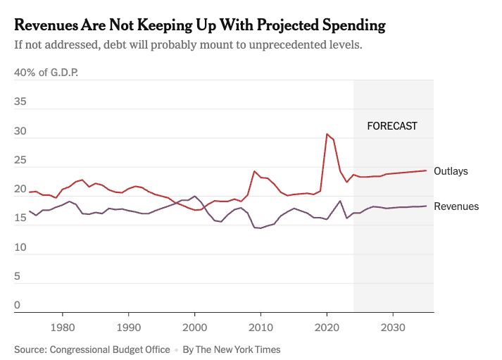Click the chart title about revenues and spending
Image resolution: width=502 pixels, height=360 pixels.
coord(200,25)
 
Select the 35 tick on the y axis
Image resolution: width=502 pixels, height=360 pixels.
coord(20,102)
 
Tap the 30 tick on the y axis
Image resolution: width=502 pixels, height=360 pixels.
coord(20,131)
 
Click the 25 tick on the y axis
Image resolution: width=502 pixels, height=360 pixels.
coord(20,161)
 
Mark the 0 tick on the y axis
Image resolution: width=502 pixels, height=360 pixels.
coord(18,306)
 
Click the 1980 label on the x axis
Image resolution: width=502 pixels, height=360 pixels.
coord(62,328)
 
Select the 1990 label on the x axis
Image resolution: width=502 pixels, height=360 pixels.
coord(128,328)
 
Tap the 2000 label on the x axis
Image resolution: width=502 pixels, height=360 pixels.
coord(194,328)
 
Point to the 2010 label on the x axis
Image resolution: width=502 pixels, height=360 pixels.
coord(261,328)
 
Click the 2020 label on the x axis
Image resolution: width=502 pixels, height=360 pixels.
coord(327,328)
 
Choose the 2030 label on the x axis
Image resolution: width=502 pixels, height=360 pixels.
coord(393,328)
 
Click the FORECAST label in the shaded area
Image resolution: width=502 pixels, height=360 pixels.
coord(392,127)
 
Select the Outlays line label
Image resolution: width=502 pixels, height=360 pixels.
coord(451,171)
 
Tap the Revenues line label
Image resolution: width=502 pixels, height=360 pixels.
coord(456,206)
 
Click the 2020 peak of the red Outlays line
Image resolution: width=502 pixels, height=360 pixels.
coord(327,134)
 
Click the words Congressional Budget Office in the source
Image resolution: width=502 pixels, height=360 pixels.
coord(111,349)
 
